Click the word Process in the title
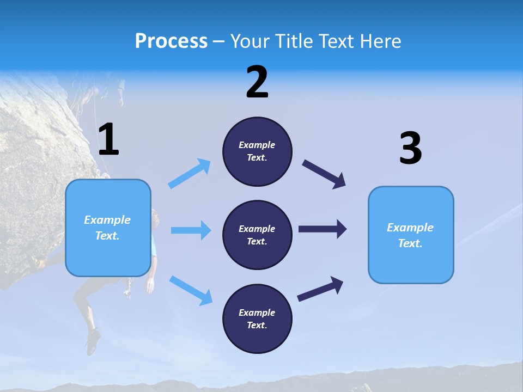[171, 41]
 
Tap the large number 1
[108, 139]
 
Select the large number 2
[257, 82]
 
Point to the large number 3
[410, 149]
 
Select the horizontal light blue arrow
[191, 230]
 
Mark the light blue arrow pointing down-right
[191, 290]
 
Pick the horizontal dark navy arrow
[323, 229]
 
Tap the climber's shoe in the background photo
[93, 341]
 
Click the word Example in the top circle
[257, 145]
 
